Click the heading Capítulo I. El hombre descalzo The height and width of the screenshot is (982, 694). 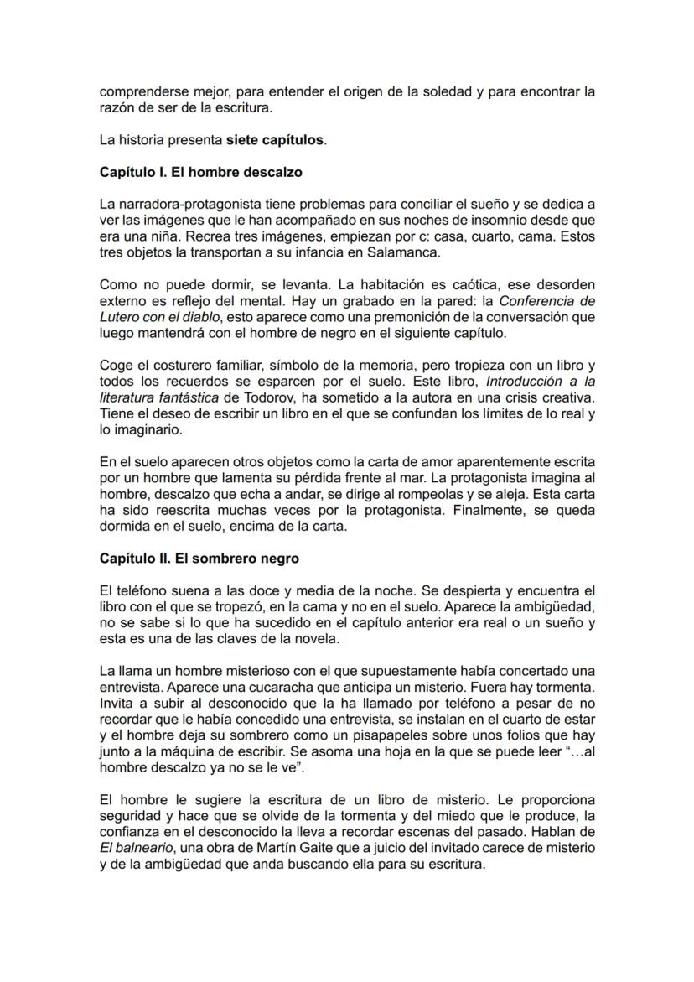(200, 172)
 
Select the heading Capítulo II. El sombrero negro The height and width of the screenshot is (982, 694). (199, 558)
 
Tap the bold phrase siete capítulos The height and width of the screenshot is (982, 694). (275, 140)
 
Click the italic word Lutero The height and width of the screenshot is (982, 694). (120, 317)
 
